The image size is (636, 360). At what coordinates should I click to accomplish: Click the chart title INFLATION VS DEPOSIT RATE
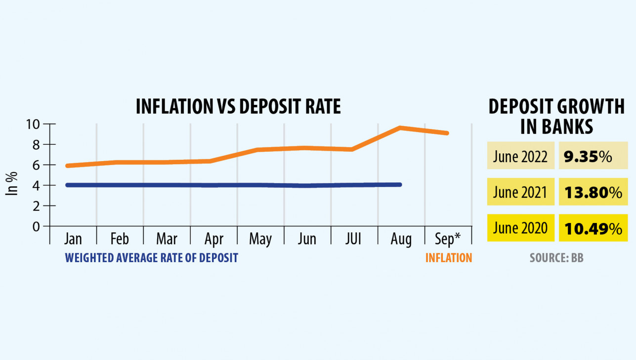[238, 107]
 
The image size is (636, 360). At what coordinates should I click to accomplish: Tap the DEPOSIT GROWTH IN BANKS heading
[556, 117]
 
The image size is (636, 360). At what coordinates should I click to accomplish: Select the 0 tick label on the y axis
[36, 226]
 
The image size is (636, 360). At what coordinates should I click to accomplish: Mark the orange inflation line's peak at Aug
[399, 128]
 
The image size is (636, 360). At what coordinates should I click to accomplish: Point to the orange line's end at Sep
[447, 133]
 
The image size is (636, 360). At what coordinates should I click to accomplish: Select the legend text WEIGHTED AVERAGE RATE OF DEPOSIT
[152, 258]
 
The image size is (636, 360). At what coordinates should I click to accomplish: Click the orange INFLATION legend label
[449, 258]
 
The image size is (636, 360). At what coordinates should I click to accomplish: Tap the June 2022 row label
[520, 157]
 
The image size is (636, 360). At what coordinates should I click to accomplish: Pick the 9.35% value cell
[593, 157]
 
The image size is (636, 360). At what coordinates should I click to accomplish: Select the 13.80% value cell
[593, 192]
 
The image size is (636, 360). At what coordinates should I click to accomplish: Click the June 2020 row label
[520, 228]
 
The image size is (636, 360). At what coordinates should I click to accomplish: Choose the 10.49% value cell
[593, 228]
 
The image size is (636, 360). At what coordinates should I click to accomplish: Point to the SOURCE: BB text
[556, 258]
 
